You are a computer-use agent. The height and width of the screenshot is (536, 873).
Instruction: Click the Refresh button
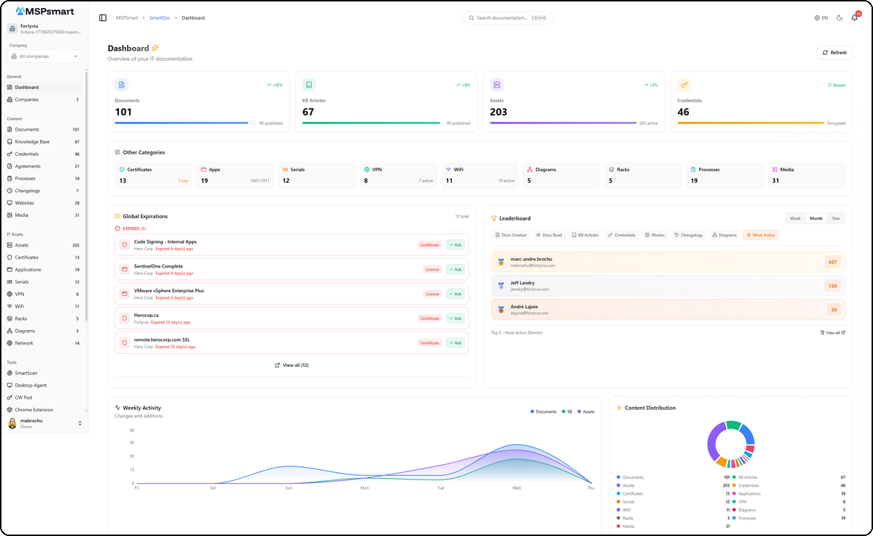pos(834,52)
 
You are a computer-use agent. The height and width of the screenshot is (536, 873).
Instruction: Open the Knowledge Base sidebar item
pos(32,141)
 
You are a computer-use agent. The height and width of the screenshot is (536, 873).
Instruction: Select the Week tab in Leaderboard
pos(795,218)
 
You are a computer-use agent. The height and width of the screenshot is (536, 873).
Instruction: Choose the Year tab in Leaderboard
pos(836,218)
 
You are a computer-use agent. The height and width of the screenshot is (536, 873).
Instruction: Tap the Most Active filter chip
pos(761,235)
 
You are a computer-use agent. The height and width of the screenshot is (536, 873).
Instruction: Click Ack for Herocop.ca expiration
pos(455,318)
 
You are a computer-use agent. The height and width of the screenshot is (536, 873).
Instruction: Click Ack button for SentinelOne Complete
pos(455,269)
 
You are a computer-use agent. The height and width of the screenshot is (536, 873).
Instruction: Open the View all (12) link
pos(291,366)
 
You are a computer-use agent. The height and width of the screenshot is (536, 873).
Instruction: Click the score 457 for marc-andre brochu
pos(832,262)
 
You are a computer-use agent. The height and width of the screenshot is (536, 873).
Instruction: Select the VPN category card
pos(398,176)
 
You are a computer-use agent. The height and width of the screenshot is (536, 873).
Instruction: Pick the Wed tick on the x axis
pos(516,488)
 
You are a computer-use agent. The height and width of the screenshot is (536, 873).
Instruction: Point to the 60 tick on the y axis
pos(132,430)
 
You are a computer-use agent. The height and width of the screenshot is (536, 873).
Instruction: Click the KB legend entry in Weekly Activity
pos(566,411)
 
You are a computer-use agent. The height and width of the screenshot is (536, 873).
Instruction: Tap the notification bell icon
pos(854,17)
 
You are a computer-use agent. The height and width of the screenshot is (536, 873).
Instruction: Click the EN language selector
pos(821,17)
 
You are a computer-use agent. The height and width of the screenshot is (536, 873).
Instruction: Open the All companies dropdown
pos(45,56)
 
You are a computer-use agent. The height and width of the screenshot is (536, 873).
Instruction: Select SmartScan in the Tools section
pos(26,373)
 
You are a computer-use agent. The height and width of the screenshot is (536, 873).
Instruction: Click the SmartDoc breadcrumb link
pos(160,17)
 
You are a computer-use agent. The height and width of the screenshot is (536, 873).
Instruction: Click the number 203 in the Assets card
pos(499,112)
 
